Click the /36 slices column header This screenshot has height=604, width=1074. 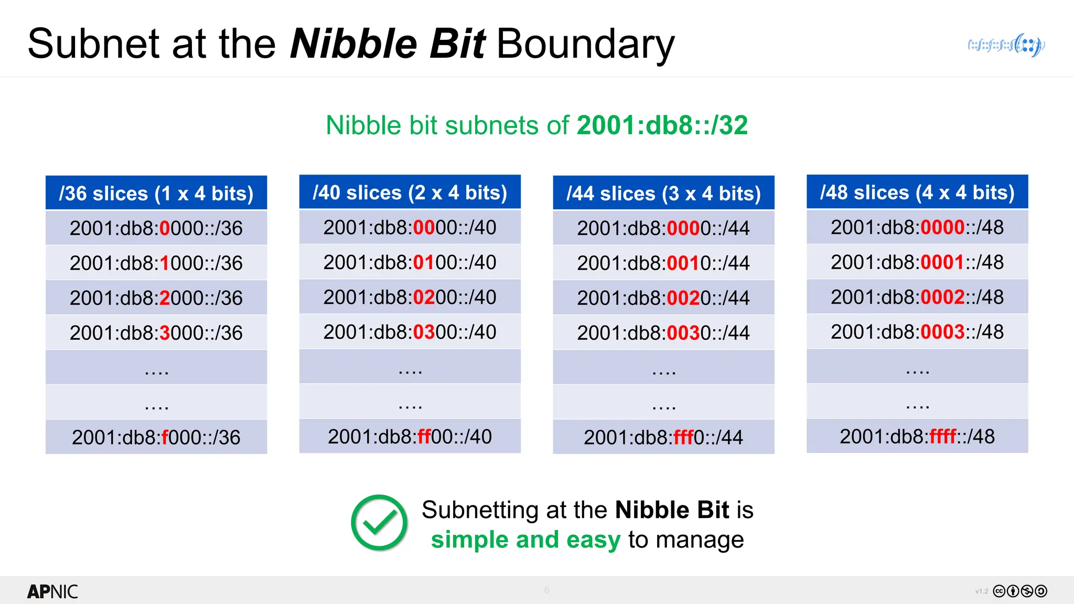[156, 193]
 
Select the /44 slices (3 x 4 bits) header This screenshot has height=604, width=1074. [663, 193]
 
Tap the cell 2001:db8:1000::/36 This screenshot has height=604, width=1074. [156, 263]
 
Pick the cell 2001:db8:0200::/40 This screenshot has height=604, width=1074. [410, 297]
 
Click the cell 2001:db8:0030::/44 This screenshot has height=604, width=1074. [663, 332]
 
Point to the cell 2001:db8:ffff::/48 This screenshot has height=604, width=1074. [917, 436]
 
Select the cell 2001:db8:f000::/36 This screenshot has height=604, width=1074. [156, 437]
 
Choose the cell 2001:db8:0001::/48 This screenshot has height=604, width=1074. [917, 262]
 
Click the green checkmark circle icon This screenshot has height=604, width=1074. [379, 523]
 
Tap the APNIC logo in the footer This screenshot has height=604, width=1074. [52, 591]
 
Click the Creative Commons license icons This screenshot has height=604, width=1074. [1019, 591]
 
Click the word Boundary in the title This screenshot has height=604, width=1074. [585, 44]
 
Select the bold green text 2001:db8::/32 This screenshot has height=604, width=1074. [662, 125]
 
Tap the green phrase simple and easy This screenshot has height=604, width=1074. [525, 540]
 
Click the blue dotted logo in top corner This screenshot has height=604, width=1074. [1006, 45]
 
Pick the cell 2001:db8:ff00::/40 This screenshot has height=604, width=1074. [410, 436]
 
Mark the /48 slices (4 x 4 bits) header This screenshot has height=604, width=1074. [917, 192]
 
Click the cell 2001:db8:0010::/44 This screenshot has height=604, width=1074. [663, 263]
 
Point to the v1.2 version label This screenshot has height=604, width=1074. [981, 591]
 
